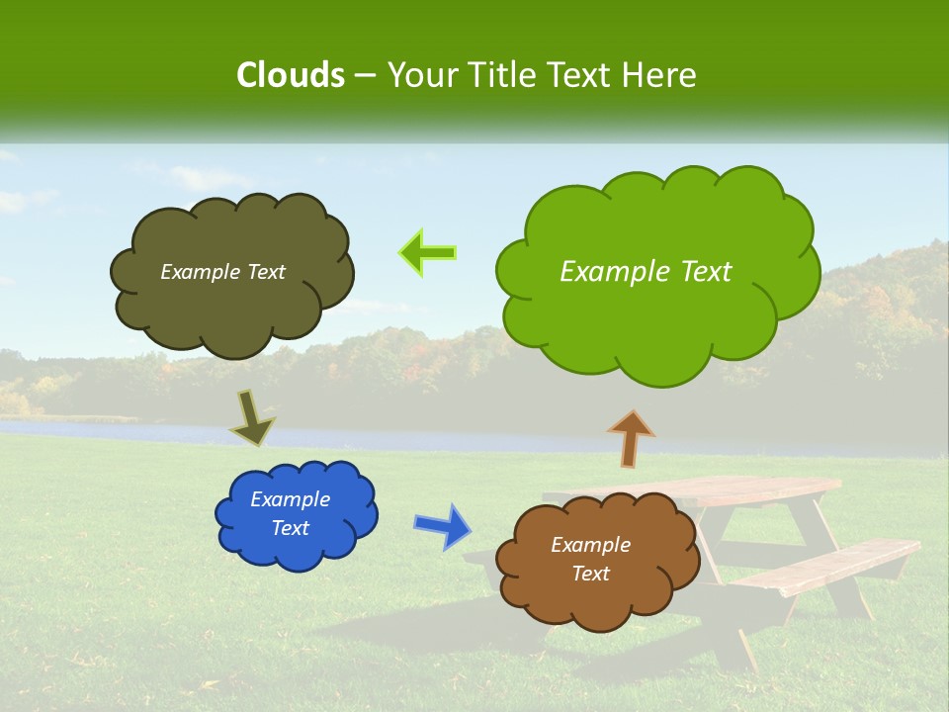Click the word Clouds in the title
tap(290, 75)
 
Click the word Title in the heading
tap(503, 75)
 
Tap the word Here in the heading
tap(659, 75)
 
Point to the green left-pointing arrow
tap(427, 253)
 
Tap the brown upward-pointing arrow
tap(631, 438)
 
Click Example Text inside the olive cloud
tap(222, 272)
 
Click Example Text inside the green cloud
tap(646, 272)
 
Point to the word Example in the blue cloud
tap(290, 499)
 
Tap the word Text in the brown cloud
tap(590, 574)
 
